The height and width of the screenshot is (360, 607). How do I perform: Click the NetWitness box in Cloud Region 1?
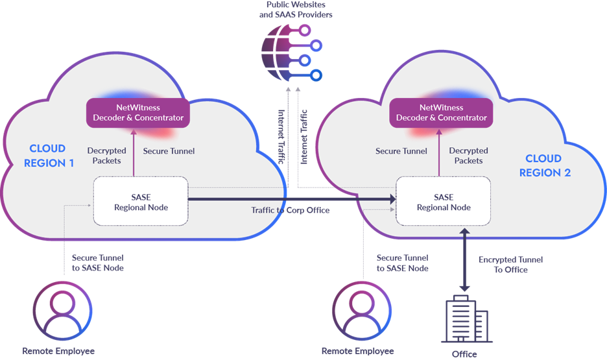click(x=138, y=112)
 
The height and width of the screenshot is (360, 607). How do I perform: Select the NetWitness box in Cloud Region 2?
click(x=441, y=112)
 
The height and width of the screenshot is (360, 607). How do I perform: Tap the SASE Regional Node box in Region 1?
click(x=140, y=202)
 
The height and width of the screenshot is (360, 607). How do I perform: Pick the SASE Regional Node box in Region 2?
click(x=443, y=202)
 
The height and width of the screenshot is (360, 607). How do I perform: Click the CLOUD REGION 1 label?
click(x=49, y=156)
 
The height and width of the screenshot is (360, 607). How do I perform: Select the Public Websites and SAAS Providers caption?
click(x=296, y=10)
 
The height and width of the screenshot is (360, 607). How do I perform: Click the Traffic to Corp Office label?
click(x=291, y=211)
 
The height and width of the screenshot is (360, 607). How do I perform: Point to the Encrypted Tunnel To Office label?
click(x=510, y=265)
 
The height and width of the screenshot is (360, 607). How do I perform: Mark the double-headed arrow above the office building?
click(x=465, y=259)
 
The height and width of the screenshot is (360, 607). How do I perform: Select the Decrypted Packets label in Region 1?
click(x=106, y=156)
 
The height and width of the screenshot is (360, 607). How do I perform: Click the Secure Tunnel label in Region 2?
click(x=401, y=151)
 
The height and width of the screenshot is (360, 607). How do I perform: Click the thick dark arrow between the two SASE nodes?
click(x=292, y=200)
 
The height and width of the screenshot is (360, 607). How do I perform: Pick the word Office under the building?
click(x=464, y=354)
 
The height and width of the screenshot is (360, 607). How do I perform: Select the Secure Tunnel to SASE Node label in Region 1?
click(x=97, y=263)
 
